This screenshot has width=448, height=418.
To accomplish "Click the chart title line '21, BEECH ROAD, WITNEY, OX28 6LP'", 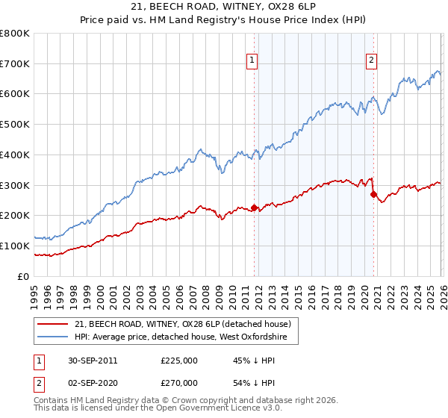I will [x=224, y=6].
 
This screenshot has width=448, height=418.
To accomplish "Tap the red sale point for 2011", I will [x=254, y=208].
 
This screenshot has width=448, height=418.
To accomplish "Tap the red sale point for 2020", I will [x=373, y=194].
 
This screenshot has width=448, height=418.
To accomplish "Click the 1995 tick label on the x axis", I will [x=34, y=292].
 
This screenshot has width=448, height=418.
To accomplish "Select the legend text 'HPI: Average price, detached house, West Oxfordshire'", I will [x=186, y=337].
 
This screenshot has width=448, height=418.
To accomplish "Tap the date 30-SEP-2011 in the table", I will [x=92, y=361].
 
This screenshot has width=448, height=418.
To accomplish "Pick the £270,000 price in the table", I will [x=179, y=383].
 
